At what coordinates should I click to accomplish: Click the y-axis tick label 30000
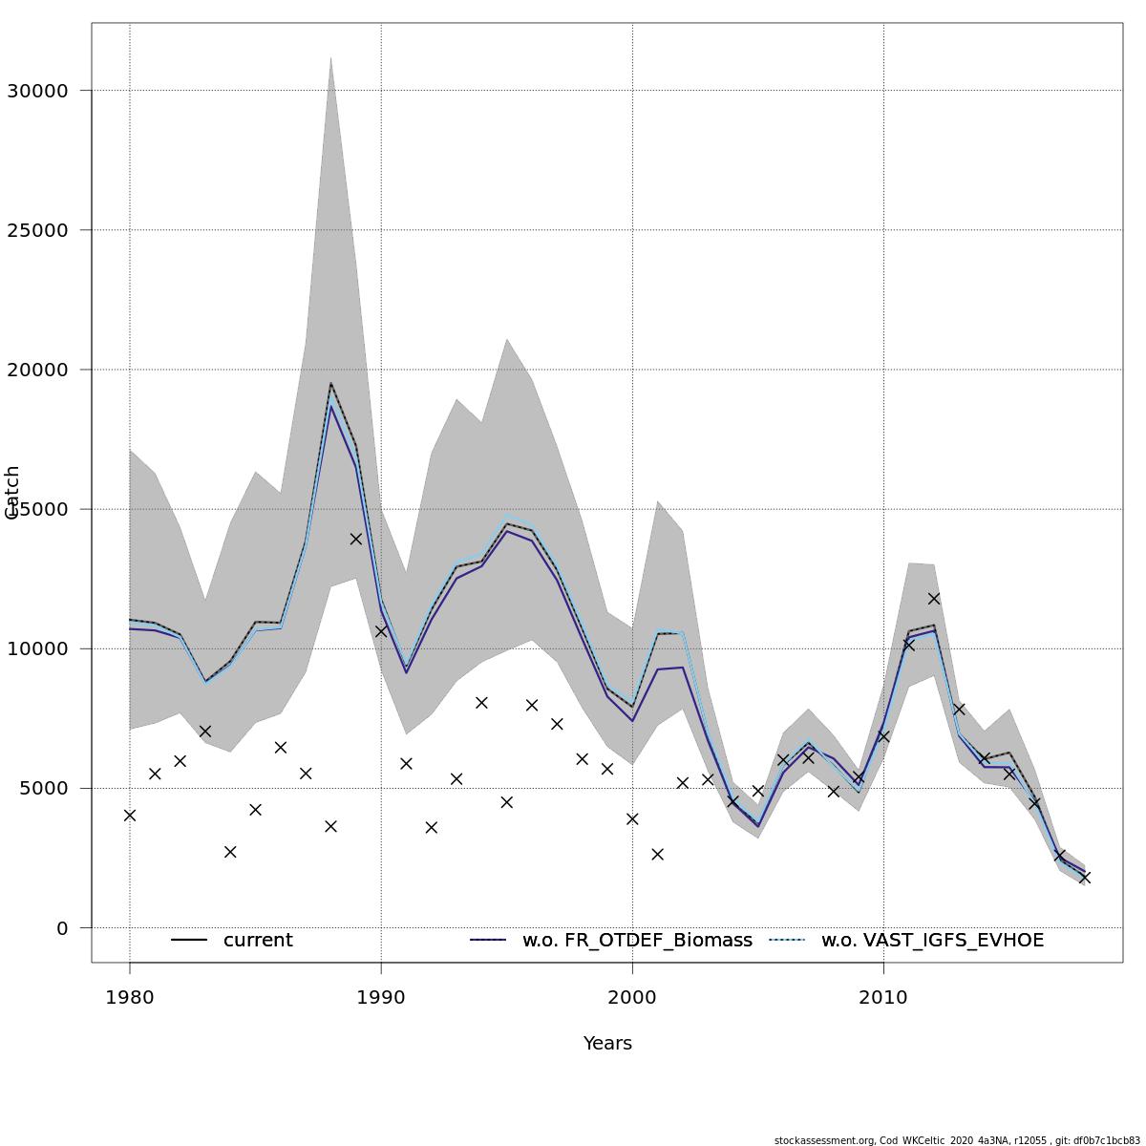pos(37,91)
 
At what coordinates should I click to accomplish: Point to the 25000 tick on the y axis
pos(37,230)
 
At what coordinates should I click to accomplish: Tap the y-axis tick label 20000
pos(37,370)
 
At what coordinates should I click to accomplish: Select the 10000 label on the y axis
pos(37,648)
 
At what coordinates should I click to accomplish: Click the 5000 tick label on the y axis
pos(43,788)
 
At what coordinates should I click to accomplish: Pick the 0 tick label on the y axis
pos(62,927)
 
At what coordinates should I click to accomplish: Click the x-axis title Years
pos(607,1044)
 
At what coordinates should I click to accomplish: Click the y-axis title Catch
pos(12,493)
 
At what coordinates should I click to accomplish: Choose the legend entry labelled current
pos(258,941)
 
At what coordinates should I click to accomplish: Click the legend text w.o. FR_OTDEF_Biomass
pos(637,941)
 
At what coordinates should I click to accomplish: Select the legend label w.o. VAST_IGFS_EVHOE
pos(932,941)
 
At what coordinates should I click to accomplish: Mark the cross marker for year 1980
pos(130,815)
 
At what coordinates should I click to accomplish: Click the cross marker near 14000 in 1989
pos(356,539)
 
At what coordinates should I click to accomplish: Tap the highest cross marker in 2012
pos(934,599)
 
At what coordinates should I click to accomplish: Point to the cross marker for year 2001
pos(657,854)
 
